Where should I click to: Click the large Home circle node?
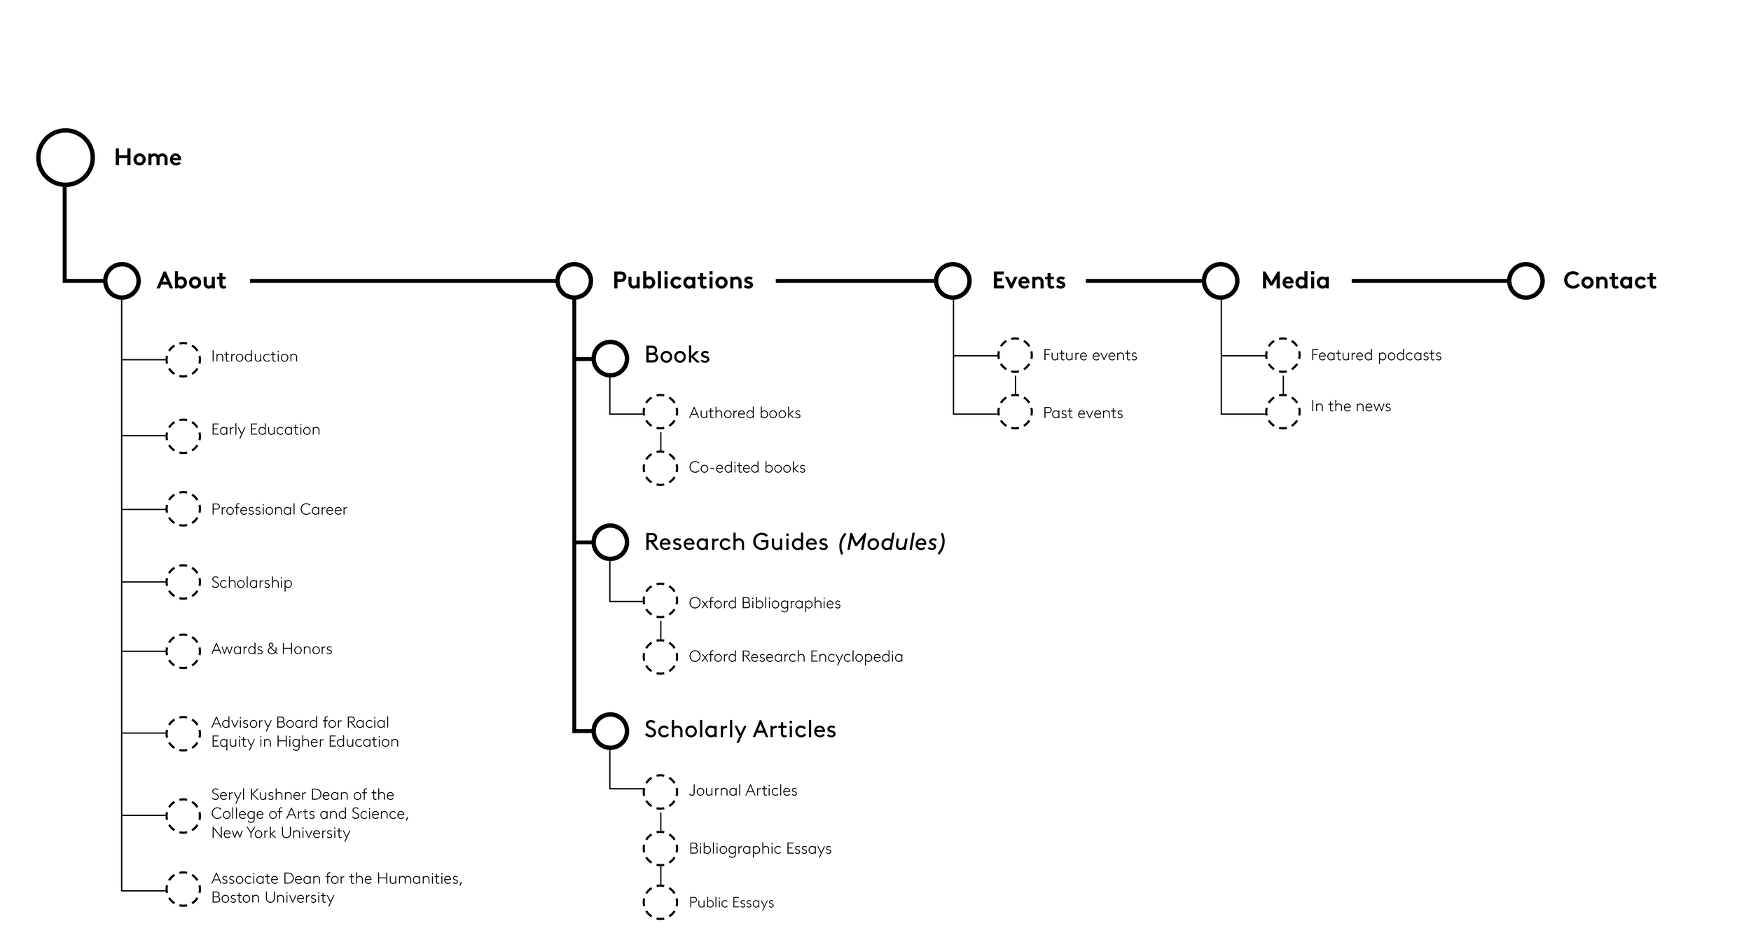click(x=65, y=158)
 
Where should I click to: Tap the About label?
click(x=191, y=281)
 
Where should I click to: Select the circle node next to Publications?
click(x=574, y=281)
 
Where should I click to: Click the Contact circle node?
click(x=1525, y=281)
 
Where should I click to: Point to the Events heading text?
click(x=1028, y=281)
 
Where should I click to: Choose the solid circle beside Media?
click(x=1220, y=281)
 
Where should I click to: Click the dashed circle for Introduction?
click(x=183, y=360)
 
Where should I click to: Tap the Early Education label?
click(x=265, y=429)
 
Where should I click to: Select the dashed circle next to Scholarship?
click(x=183, y=582)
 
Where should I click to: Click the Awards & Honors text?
click(x=272, y=649)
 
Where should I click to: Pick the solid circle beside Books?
click(x=610, y=359)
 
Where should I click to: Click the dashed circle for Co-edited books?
click(x=660, y=468)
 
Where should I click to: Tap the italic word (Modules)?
click(x=892, y=542)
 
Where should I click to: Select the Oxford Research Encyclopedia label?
click(x=796, y=657)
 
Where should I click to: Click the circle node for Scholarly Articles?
click(x=610, y=731)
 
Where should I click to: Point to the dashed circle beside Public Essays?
click(x=660, y=902)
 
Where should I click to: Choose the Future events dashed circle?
click(x=1015, y=355)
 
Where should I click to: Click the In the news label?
click(x=1350, y=406)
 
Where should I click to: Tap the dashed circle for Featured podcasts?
click(x=1282, y=355)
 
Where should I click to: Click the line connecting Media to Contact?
click(x=1429, y=281)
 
